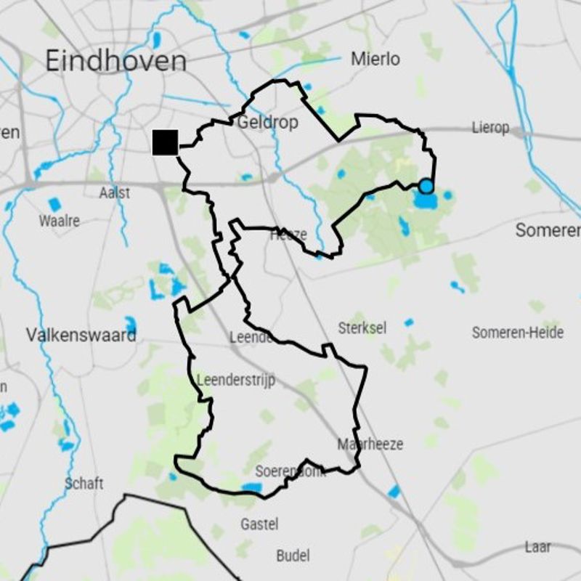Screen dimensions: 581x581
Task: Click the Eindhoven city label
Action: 115,61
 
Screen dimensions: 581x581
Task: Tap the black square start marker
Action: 165,142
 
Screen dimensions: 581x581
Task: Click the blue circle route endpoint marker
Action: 426,187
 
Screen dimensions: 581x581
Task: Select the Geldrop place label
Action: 268,122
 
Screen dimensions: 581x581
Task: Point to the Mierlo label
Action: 375,59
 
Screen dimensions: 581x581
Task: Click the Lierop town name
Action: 490,128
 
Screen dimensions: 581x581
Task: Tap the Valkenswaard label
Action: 81,336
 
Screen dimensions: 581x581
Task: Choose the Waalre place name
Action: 60,220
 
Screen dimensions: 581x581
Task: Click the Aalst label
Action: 115,193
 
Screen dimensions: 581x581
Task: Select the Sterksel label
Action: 362,328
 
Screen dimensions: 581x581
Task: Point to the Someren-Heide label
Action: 517,333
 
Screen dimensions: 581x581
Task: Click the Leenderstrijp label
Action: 236,380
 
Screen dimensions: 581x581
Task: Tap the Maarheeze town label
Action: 370,444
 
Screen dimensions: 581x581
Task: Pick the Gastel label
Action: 259,524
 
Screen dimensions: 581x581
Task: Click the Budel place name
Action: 293,556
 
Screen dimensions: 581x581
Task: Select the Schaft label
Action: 84,483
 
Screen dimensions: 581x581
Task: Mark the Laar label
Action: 537,546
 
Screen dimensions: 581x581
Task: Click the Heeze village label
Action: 288,235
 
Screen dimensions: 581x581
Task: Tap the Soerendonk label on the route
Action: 288,471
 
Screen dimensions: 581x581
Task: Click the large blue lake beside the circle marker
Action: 426,200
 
